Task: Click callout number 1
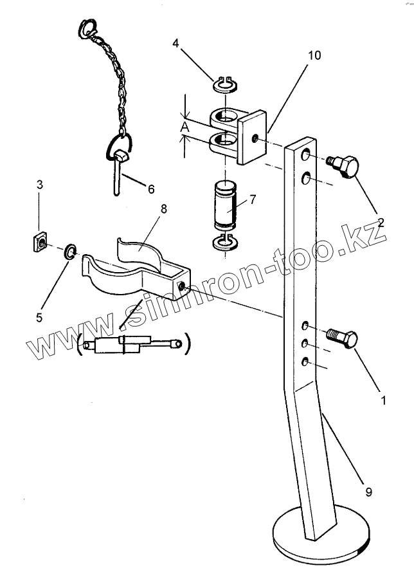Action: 383,400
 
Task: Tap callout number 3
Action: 40,185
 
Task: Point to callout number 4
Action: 176,44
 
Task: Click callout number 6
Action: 151,189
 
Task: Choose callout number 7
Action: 253,199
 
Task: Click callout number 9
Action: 368,493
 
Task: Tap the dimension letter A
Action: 185,128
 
